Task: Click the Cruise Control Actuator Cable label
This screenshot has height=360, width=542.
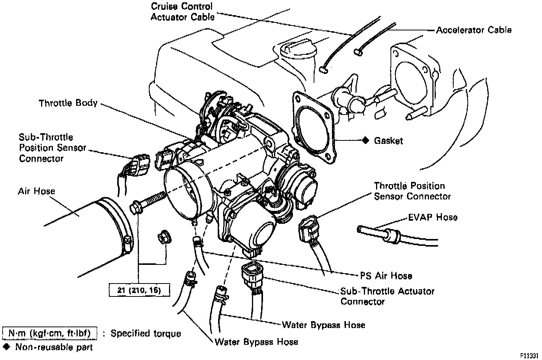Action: (x=182, y=11)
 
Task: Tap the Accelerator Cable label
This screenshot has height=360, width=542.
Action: (x=473, y=30)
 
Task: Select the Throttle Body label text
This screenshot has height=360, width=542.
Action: (x=68, y=103)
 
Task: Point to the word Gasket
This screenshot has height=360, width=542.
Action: (x=388, y=141)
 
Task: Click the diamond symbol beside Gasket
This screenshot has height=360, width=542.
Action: (x=366, y=140)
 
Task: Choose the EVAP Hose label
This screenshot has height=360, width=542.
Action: (x=433, y=217)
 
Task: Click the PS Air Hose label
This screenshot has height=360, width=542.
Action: (x=386, y=276)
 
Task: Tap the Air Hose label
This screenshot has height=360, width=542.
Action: (x=37, y=191)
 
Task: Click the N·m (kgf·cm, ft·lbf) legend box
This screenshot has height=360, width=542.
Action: (x=49, y=333)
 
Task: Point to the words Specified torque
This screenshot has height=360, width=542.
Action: (x=146, y=334)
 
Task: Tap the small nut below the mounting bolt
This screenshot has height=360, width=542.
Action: (x=164, y=237)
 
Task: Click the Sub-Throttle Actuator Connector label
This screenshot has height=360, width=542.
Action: (x=387, y=296)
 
